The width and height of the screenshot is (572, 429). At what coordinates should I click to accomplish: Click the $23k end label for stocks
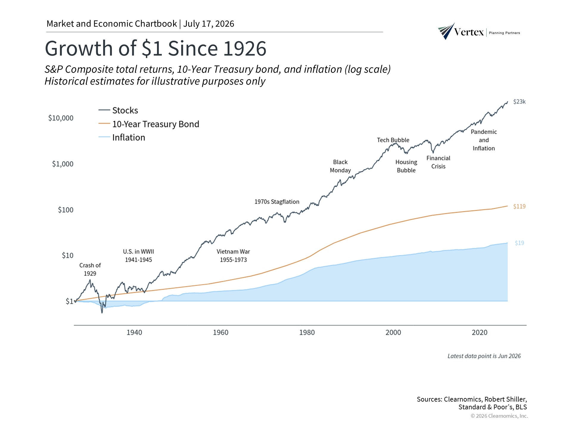coord(519,102)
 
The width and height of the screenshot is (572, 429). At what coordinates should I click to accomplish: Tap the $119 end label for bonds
coord(519,206)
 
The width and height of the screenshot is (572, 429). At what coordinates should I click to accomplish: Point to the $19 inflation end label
coord(519,243)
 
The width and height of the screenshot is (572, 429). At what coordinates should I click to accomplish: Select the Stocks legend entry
coord(118,111)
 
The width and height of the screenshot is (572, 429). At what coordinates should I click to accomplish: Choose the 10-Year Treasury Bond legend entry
coord(149,124)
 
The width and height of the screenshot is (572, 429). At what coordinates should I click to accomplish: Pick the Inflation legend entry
coord(122,137)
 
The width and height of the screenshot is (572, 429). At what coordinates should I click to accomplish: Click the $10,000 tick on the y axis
coord(61,118)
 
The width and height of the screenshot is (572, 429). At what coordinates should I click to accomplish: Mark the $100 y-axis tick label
coord(66,210)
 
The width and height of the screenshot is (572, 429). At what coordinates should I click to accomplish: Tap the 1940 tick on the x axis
coord(134,332)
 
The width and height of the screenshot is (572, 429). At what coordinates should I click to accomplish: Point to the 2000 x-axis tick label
coord(393,332)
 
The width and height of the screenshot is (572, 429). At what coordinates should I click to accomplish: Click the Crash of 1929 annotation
coord(90,269)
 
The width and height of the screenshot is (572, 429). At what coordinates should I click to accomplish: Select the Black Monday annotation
coord(340,166)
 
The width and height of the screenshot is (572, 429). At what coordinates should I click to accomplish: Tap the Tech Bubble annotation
coord(393,140)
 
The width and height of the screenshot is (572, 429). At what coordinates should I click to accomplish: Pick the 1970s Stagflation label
coord(277,202)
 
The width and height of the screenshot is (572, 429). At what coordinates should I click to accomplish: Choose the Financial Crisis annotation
coord(438,162)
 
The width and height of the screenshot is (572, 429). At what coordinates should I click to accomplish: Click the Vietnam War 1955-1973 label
coord(233,256)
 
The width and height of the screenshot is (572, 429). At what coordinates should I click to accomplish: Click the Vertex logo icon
coord(446,31)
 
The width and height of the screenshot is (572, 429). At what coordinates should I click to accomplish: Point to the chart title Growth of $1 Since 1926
coord(156,48)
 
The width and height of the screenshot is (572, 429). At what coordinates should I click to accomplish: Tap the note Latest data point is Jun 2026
coord(484,356)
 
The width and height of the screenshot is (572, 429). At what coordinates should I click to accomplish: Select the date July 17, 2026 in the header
coord(209,24)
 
